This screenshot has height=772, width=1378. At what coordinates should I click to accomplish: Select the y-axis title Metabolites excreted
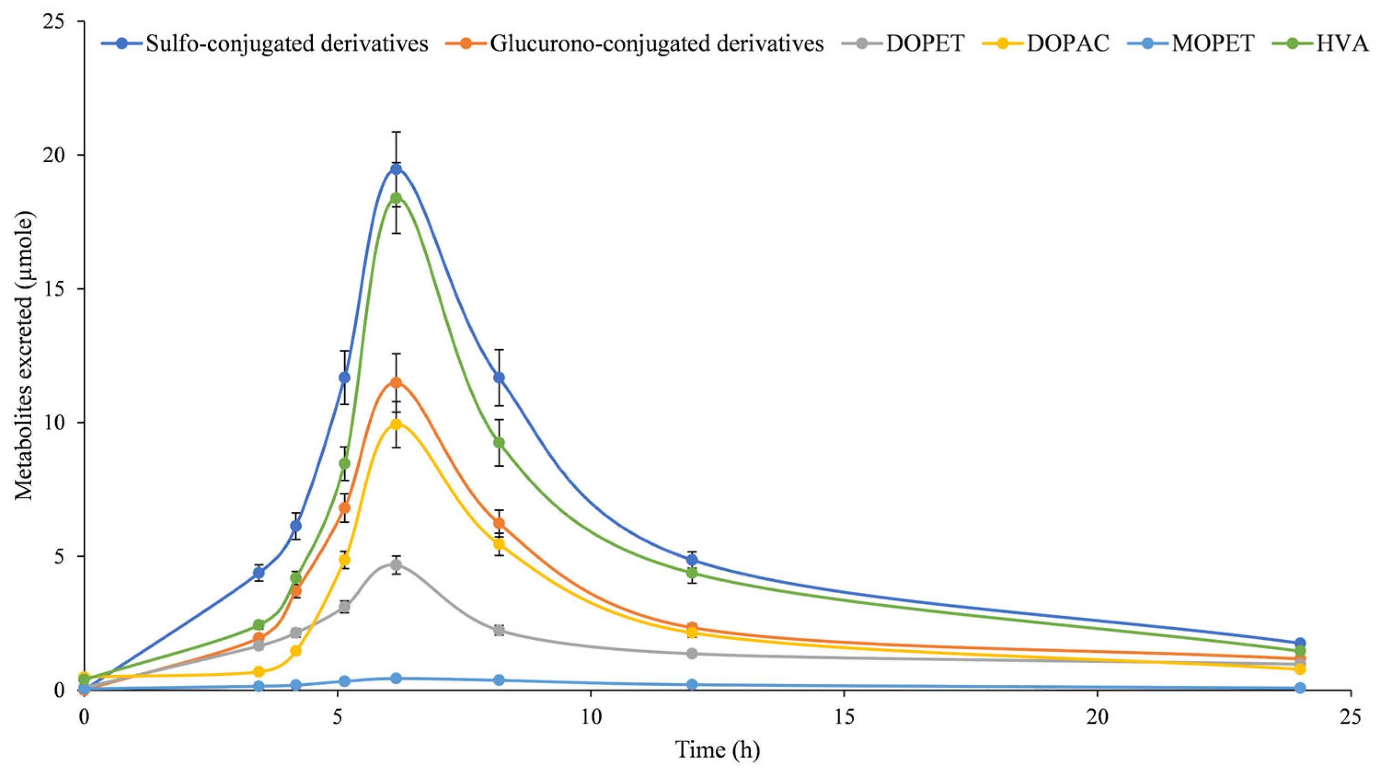tap(24, 356)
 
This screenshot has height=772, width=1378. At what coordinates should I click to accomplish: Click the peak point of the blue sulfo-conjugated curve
tap(396, 169)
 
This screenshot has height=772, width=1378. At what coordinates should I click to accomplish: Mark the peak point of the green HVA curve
tap(396, 198)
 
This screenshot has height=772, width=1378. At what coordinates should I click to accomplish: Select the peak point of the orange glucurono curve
tap(396, 382)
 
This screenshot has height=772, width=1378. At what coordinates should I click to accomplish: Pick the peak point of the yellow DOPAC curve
tap(396, 424)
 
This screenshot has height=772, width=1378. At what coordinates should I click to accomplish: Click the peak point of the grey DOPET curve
tap(396, 565)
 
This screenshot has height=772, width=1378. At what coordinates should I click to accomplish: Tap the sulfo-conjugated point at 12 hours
tap(692, 560)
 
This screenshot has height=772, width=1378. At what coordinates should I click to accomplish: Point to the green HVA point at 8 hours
tap(499, 442)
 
